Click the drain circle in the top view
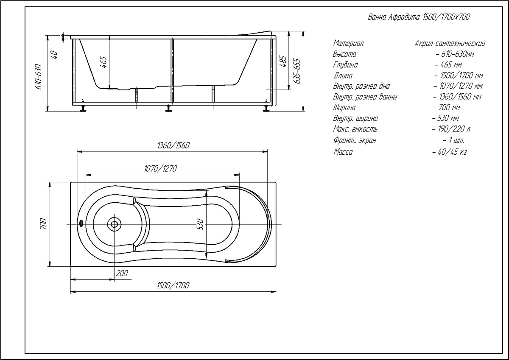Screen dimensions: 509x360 point(114,224)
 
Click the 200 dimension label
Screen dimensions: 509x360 point(122,273)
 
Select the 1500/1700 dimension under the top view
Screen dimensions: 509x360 point(173,285)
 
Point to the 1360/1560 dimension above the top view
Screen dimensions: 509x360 point(173,145)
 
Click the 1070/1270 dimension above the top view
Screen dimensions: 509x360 point(160,168)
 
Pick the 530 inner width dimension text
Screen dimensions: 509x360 point(200,224)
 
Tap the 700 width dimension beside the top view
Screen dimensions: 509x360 point(43,224)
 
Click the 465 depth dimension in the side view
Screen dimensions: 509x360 point(103,62)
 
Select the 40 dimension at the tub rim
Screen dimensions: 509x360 point(55,55)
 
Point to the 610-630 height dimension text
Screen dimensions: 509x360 point(39,77)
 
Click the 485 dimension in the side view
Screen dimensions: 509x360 point(283,61)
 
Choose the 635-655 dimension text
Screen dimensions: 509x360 point(297,71)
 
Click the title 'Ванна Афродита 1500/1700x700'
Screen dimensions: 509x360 point(419,17)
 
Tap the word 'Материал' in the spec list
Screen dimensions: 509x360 point(348,43)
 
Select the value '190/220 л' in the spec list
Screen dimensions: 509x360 point(451,129)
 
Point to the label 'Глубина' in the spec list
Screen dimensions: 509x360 point(345,65)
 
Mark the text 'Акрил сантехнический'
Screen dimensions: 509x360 point(450,43)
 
